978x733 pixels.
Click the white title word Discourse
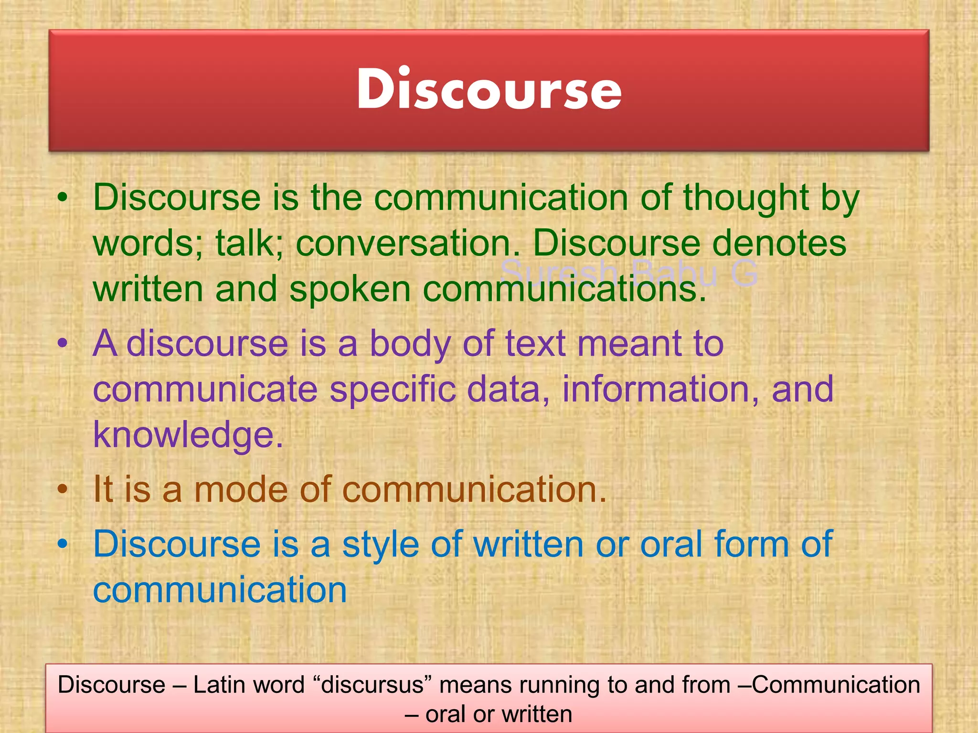(489, 89)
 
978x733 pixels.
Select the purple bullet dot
(63, 343)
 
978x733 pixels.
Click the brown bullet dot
(63, 490)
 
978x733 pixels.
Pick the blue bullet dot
(63, 544)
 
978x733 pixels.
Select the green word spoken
(350, 289)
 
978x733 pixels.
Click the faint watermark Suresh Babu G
(629, 273)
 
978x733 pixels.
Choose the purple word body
(410, 344)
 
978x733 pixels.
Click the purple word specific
(392, 389)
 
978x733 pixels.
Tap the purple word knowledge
(188, 435)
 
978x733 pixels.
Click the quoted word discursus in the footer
(372, 685)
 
